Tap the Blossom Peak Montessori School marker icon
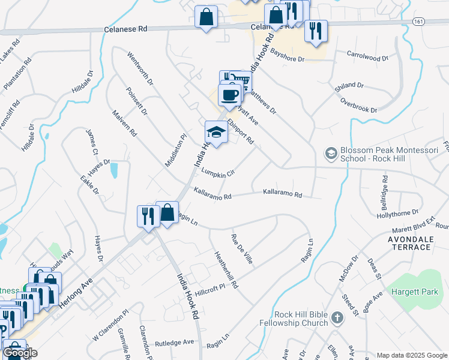tap(330, 154)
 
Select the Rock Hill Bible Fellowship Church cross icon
tap(337, 318)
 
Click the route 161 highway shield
tap(419, 20)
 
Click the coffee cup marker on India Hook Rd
tap(231, 95)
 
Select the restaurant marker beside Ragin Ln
tap(147, 216)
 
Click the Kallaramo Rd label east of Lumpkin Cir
tap(282, 194)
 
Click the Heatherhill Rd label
tap(226, 268)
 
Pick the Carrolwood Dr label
tap(368, 55)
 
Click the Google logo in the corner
tap(20, 353)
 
